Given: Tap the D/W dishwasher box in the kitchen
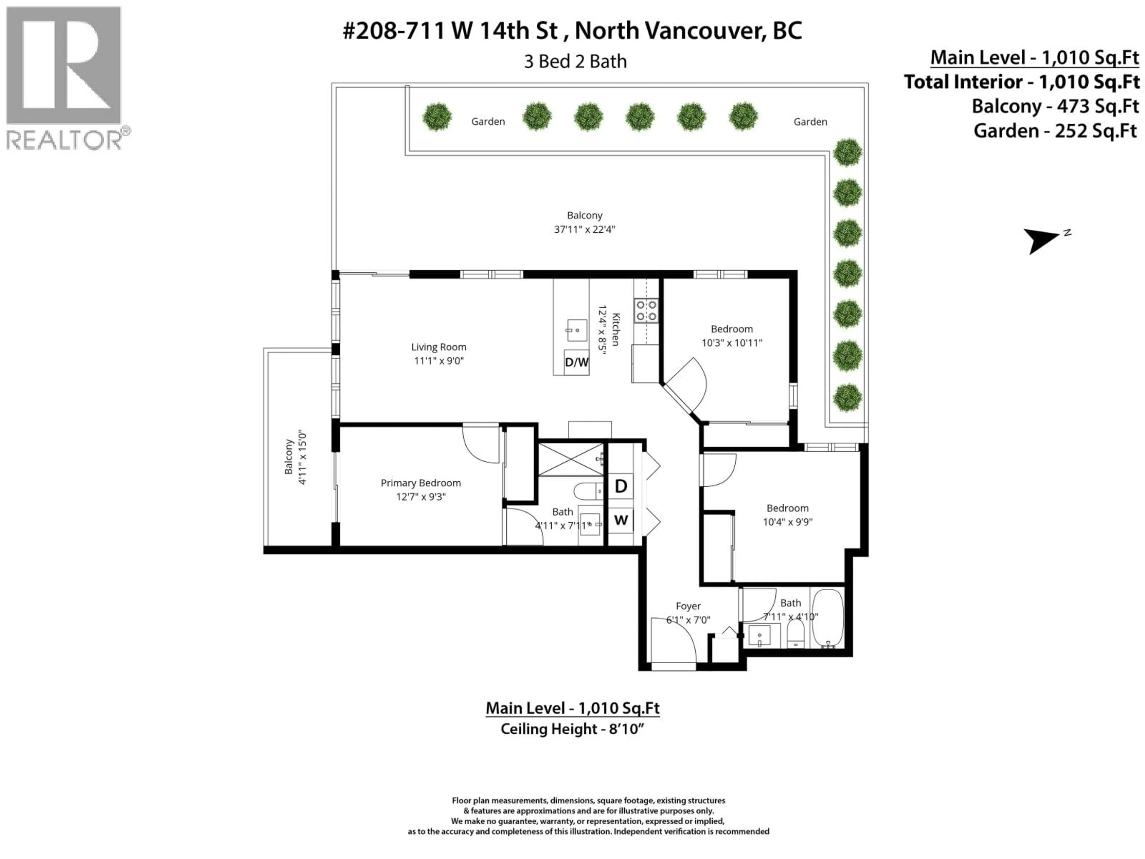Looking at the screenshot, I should [576, 362].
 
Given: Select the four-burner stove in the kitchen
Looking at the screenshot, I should [646, 311].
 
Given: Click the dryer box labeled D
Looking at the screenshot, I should [621, 486].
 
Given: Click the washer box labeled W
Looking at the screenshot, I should [621, 520].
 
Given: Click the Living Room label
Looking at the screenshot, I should [438, 347].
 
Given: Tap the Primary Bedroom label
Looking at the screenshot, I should [420, 483].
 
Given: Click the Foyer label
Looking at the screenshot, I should [688, 606].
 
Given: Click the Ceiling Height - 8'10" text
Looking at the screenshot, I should [572, 729].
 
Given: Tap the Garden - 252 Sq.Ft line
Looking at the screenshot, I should [1056, 130].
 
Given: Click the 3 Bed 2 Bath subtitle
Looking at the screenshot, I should [575, 62].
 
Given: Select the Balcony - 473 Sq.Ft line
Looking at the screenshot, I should [1055, 106].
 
